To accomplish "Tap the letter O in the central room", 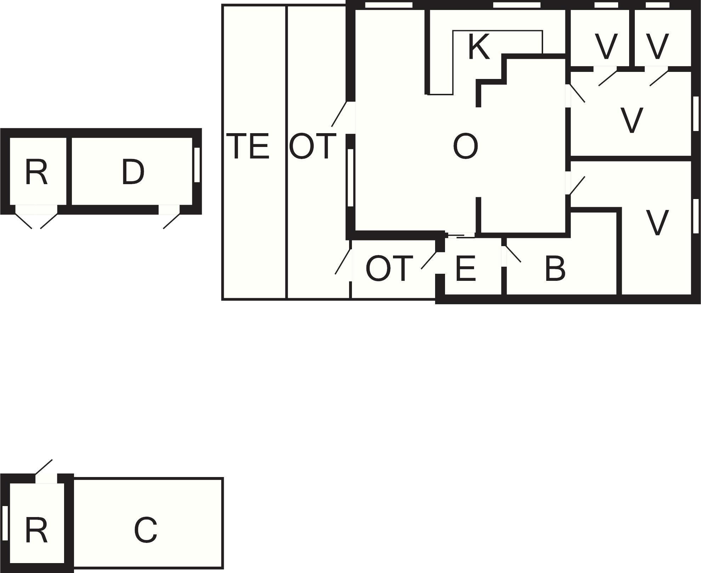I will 465,146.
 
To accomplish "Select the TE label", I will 247,146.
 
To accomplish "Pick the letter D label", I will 133,172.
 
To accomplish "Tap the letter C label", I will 146,530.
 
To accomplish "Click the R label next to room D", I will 36,172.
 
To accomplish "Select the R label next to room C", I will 36,530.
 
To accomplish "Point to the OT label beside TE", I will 312,146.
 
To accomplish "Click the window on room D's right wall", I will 197,165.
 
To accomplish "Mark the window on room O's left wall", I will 350,177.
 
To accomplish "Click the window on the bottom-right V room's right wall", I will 696,216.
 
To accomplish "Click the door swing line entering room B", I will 514,254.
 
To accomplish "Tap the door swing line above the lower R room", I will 44,467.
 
